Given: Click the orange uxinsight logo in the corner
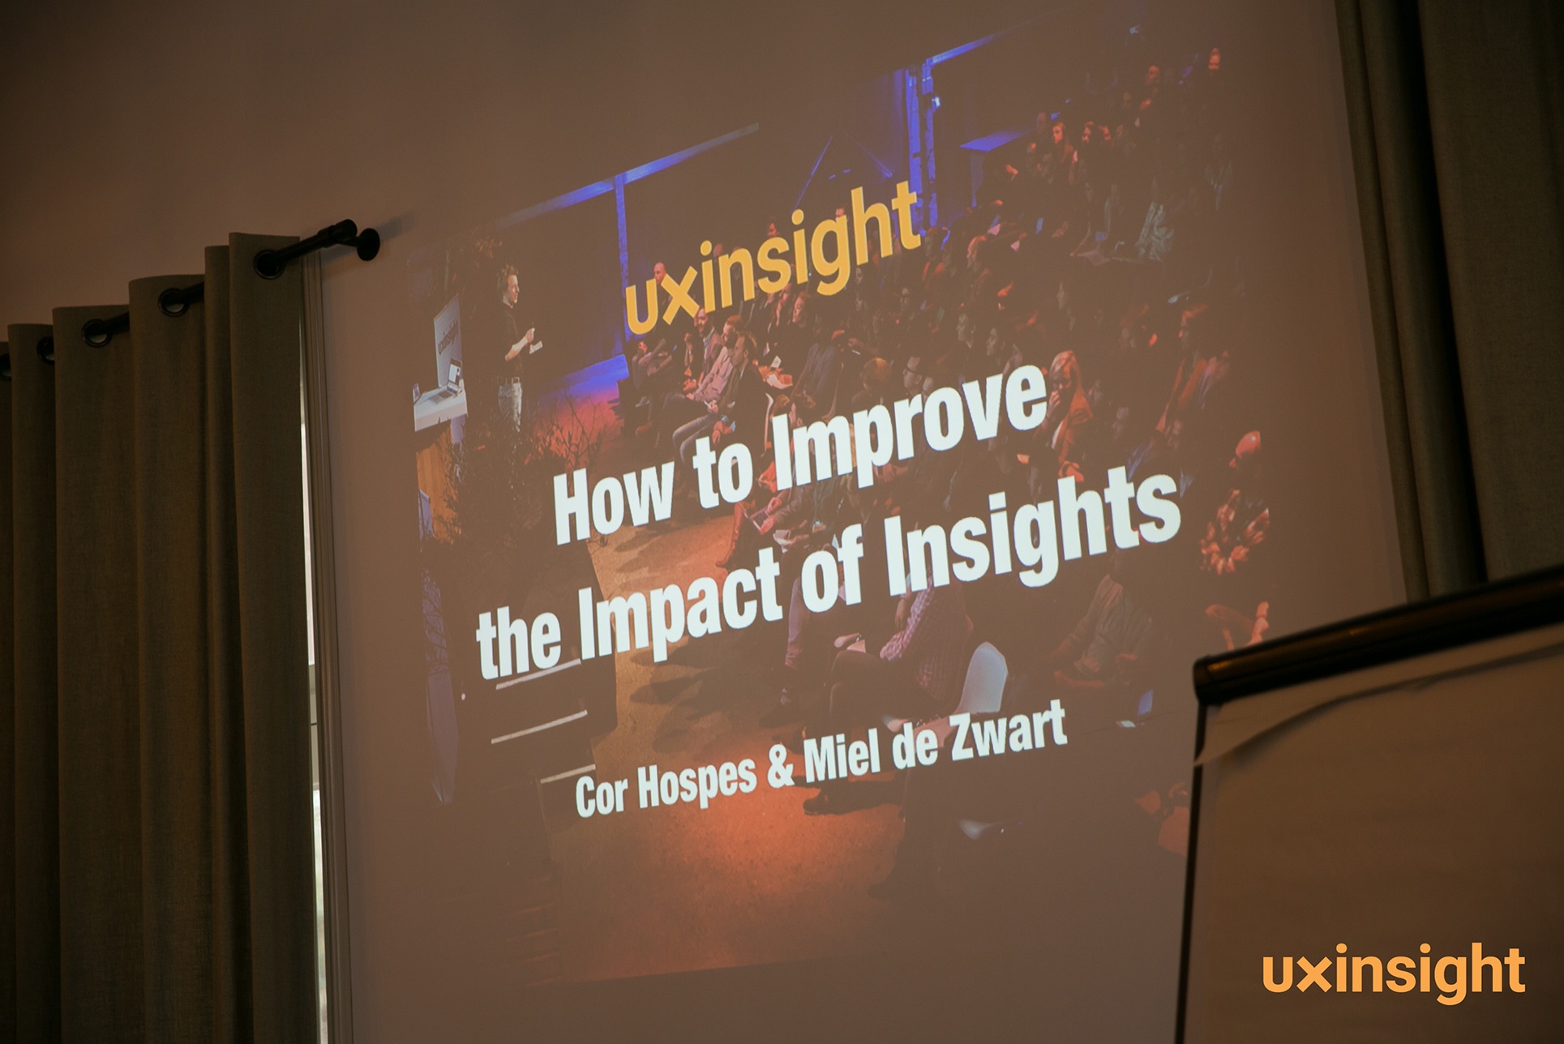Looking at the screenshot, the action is click(x=1393, y=973).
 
